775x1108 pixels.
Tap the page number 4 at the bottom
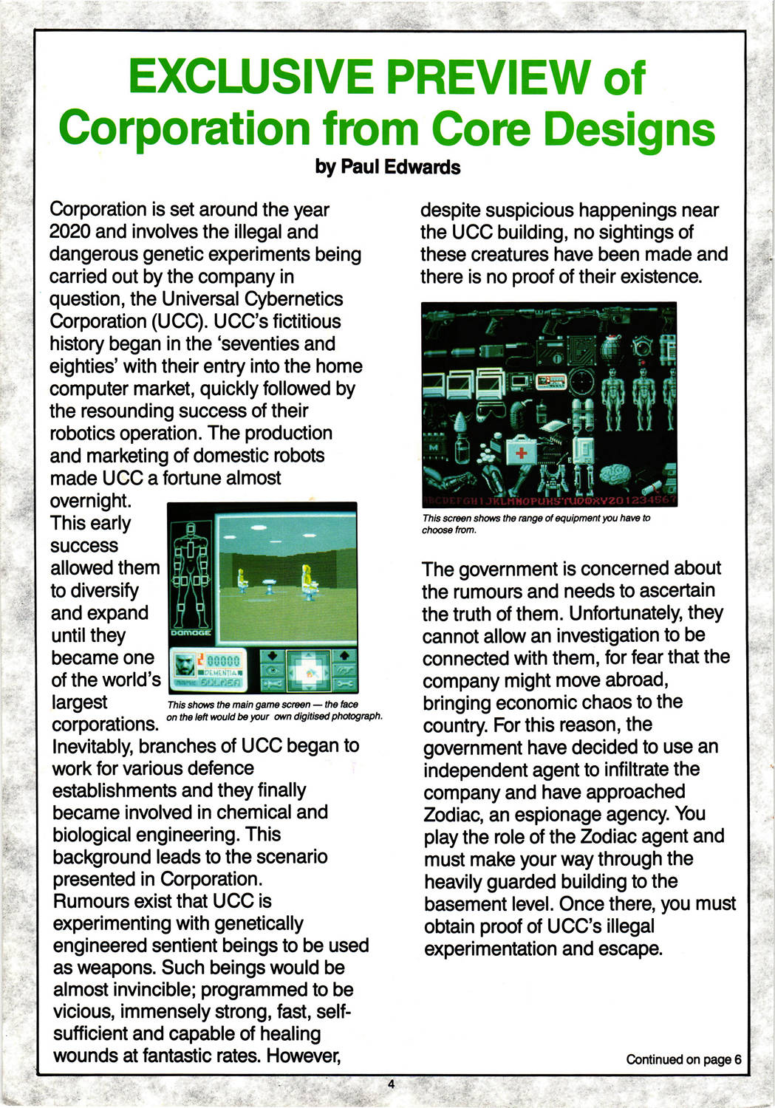tap(391, 1084)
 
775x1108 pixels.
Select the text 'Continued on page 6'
tap(683, 1059)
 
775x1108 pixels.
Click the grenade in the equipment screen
tap(610, 348)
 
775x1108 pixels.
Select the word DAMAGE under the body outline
tap(191, 632)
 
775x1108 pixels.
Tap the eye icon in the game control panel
tap(272, 671)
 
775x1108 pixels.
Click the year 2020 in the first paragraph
tap(69, 232)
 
